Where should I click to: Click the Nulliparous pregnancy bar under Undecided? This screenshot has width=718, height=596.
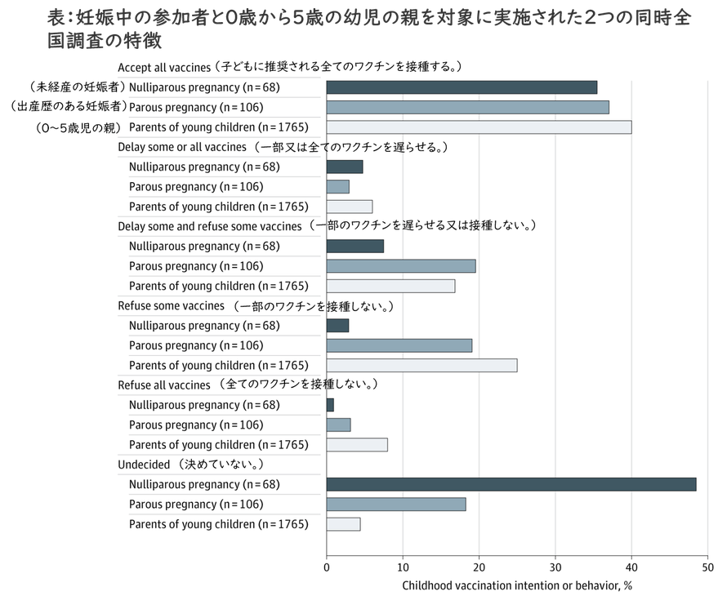pyautogui.click(x=511, y=484)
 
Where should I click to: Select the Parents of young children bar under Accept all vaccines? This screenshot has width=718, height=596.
pyautogui.click(x=479, y=127)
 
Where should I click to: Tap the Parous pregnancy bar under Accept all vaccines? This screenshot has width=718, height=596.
pyautogui.click(x=467, y=107)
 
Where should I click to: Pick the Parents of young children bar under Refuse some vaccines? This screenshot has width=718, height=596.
pyautogui.click(x=421, y=365)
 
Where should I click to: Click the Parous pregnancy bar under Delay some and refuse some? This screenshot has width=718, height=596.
pyautogui.click(x=400, y=265)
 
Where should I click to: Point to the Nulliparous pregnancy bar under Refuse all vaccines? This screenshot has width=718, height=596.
pyautogui.click(x=330, y=405)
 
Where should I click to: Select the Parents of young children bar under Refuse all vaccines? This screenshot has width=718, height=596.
pyautogui.click(x=357, y=445)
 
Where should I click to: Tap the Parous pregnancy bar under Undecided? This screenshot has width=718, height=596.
pyautogui.click(x=395, y=505)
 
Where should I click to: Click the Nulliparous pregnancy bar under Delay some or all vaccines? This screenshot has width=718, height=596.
pyautogui.click(x=344, y=167)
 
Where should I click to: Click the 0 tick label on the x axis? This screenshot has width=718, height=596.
pyautogui.click(x=327, y=567)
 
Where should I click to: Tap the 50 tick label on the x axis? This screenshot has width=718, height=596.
pyautogui.click(x=707, y=567)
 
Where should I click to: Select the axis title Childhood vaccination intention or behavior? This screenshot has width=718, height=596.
pyautogui.click(x=517, y=585)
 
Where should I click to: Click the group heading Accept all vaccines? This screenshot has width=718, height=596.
pyautogui.click(x=164, y=67)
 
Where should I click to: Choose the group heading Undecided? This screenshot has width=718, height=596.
pyautogui.click(x=144, y=465)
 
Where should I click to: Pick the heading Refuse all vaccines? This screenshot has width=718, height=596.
pyautogui.click(x=164, y=385)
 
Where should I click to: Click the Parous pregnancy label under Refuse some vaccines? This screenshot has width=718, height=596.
pyautogui.click(x=196, y=345)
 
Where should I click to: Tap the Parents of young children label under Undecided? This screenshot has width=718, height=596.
pyautogui.click(x=218, y=524)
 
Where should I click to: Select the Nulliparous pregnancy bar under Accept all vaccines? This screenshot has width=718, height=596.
pyautogui.click(x=462, y=87)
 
